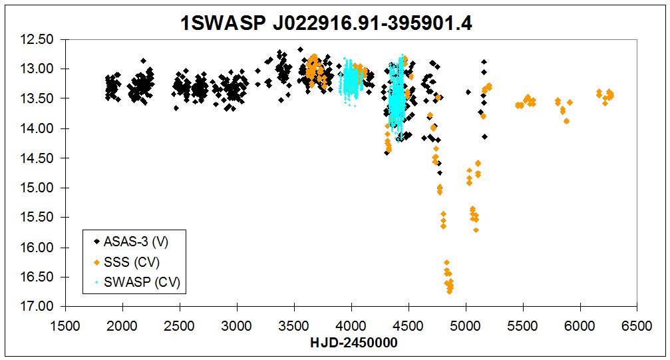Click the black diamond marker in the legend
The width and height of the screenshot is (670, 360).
[x=97, y=241]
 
